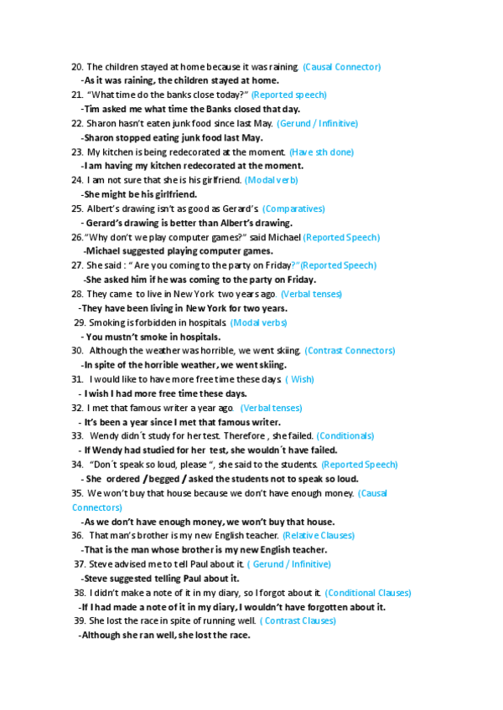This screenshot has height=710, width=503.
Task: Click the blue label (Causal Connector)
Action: tap(341, 66)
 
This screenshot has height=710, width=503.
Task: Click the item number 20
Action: tap(77, 66)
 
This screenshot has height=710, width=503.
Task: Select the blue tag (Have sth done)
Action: tap(321, 152)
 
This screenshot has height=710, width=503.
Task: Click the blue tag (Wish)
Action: tap(300, 379)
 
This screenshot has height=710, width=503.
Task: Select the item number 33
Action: tap(77, 435)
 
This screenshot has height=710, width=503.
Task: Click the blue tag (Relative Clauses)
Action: tap(319, 535)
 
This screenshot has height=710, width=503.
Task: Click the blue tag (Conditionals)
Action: tap(345, 435)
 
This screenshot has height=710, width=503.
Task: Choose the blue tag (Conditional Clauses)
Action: tap(368, 592)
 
